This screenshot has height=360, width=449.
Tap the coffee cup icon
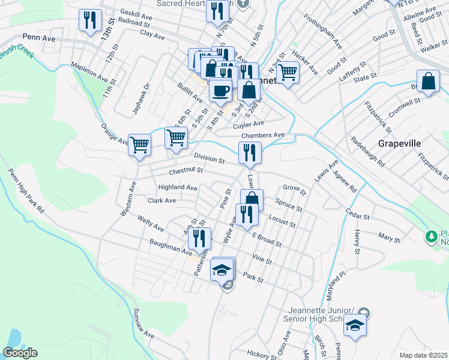[220, 90]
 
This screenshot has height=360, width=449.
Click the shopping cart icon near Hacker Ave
[288, 73]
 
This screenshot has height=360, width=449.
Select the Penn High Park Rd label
[26, 191]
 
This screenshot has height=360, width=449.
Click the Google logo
[21, 353]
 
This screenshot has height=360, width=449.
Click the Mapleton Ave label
[89, 73]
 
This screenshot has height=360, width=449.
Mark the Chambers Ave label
[262, 136]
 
